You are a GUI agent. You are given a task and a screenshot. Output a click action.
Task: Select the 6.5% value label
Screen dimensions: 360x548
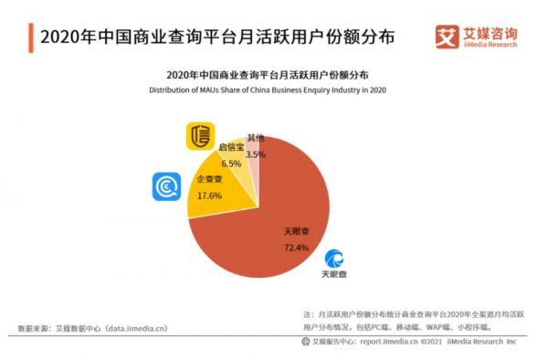231,164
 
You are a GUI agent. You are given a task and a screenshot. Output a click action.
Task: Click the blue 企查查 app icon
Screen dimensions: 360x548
166,186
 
